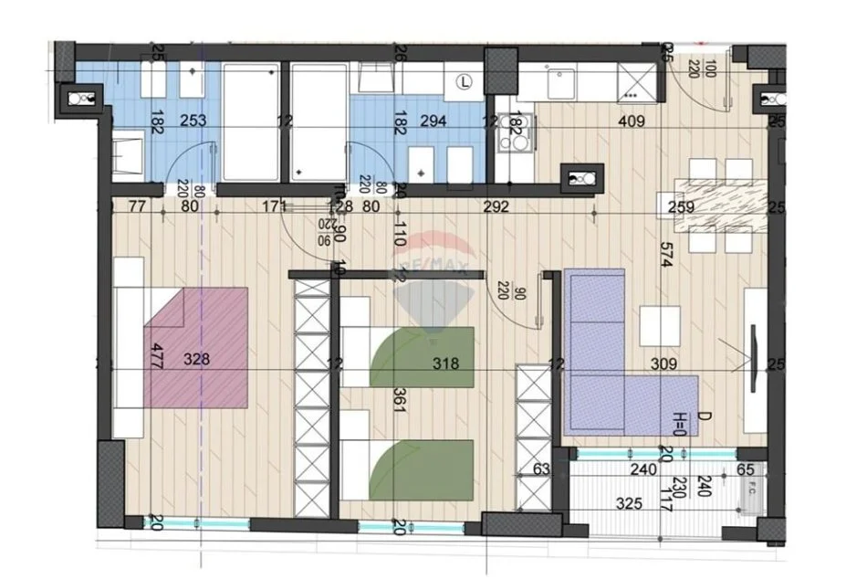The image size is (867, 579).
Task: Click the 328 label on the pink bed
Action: [196, 359]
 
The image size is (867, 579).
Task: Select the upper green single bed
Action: [422, 356]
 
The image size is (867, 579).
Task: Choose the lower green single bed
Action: [422, 468]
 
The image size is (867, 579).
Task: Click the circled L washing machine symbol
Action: [465, 82]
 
